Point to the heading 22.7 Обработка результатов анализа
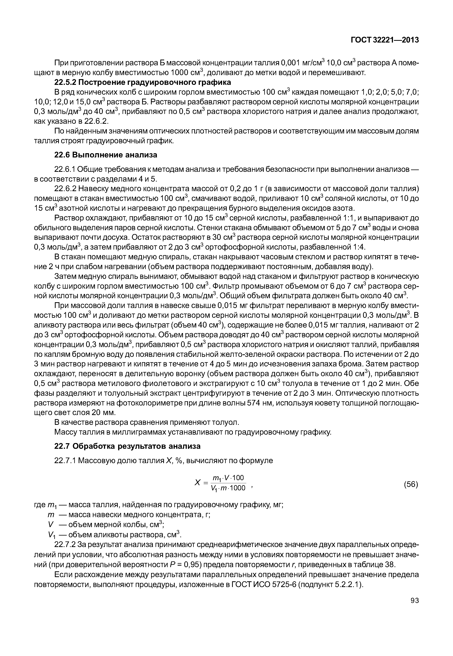point(127,446)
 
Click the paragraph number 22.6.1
point(65,170)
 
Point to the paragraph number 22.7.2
point(65,545)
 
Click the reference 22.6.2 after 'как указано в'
point(96,121)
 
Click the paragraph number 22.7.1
point(65,461)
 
